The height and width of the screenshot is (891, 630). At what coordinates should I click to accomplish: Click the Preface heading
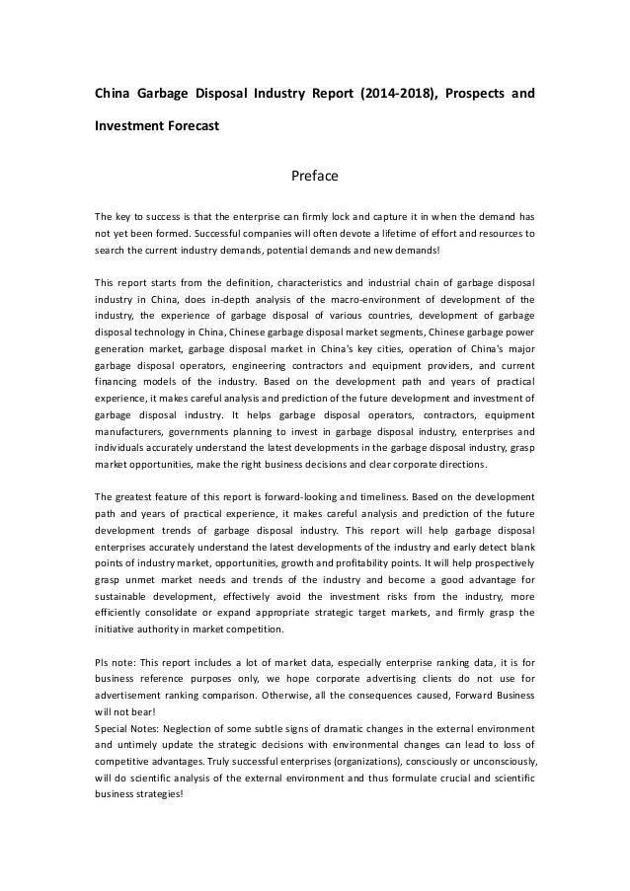(x=314, y=177)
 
